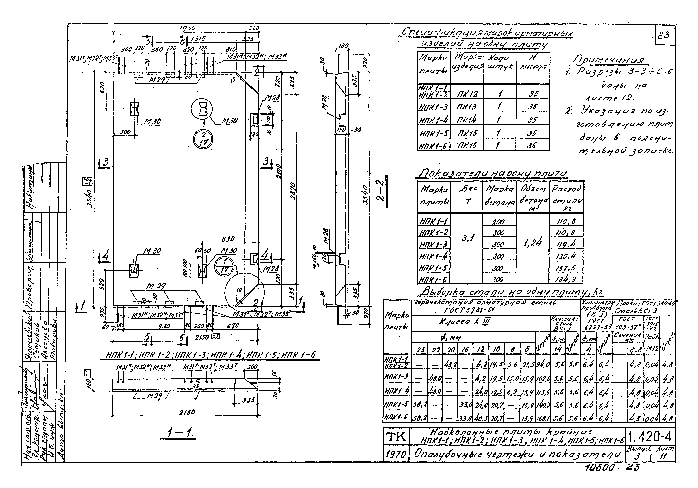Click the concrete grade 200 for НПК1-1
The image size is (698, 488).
pos(499,222)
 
